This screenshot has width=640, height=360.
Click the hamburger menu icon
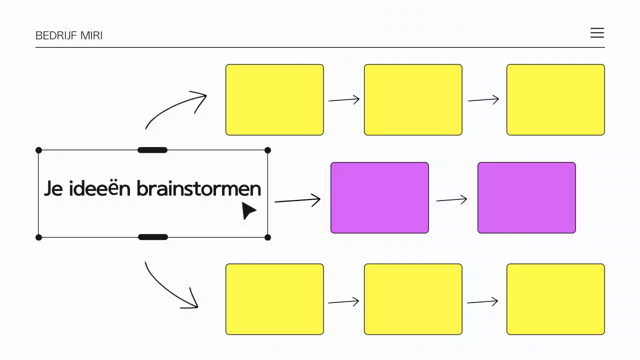click(597, 33)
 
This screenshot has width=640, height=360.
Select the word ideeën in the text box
click(100, 189)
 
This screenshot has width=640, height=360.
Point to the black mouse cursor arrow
click(248, 210)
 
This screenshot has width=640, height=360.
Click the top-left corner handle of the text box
click(39, 150)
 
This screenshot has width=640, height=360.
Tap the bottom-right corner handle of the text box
click(267, 237)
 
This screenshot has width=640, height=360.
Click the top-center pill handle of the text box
click(152, 150)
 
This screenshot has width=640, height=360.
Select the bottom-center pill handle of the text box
click(152, 237)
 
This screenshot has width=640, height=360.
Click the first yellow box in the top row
click(274, 99)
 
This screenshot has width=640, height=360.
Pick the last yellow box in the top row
click(555, 99)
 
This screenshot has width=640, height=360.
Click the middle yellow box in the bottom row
click(413, 299)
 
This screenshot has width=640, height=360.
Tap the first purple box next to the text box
click(379, 197)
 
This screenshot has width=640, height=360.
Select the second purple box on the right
click(526, 197)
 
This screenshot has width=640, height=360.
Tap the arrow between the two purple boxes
click(451, 200)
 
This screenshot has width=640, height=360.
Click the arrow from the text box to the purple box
click(297, 201)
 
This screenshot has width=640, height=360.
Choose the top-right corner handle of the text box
click(267, 150)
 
